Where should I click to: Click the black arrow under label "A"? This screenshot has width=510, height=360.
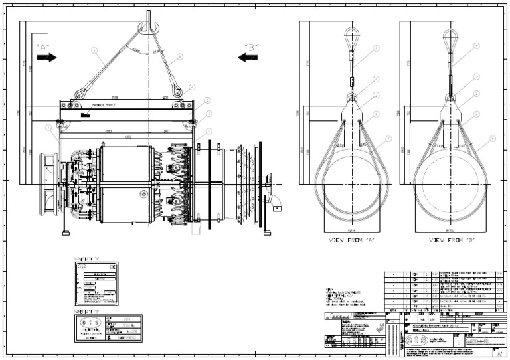tap(47, 58)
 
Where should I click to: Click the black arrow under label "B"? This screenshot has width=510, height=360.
tap(248, 58)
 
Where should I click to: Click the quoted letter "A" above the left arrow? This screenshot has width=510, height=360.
tap(44, 46)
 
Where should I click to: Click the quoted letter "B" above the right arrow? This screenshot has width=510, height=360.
tap(250, 46)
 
